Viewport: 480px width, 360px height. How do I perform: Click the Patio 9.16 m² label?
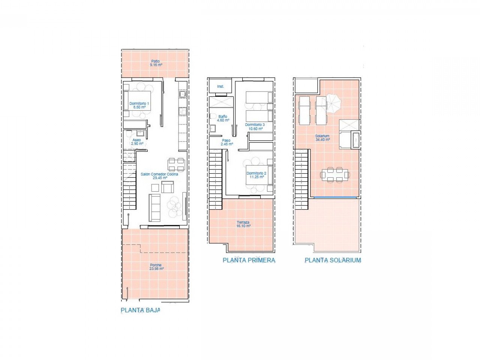click(x=156, y=63)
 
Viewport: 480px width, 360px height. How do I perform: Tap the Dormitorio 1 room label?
click(x=139, y=105)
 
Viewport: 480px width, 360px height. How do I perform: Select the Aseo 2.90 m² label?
click(x=137, y=142)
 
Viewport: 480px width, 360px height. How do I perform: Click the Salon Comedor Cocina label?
click(x=159, y=176)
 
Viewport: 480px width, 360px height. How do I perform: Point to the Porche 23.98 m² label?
click(x=156, y=267)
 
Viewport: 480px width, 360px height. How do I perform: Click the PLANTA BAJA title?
click(x=140, y=310)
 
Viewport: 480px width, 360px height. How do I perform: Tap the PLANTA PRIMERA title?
click(x=249, y=260)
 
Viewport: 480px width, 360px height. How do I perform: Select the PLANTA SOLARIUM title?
click(x=333, y=260)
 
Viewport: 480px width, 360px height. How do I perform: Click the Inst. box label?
click(x=220, y=87)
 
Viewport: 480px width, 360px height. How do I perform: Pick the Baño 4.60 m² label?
click(x=223, y=118)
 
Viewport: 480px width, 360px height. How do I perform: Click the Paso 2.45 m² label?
click(x=227, y=142)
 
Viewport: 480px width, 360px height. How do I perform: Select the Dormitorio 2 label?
click(x=256, y=175)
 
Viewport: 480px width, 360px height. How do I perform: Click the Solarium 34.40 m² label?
click(x=322, y=138)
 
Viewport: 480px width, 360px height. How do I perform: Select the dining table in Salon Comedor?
click(x=176, y=162)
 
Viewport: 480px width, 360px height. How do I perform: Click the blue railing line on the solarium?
click(x=334, y=197)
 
